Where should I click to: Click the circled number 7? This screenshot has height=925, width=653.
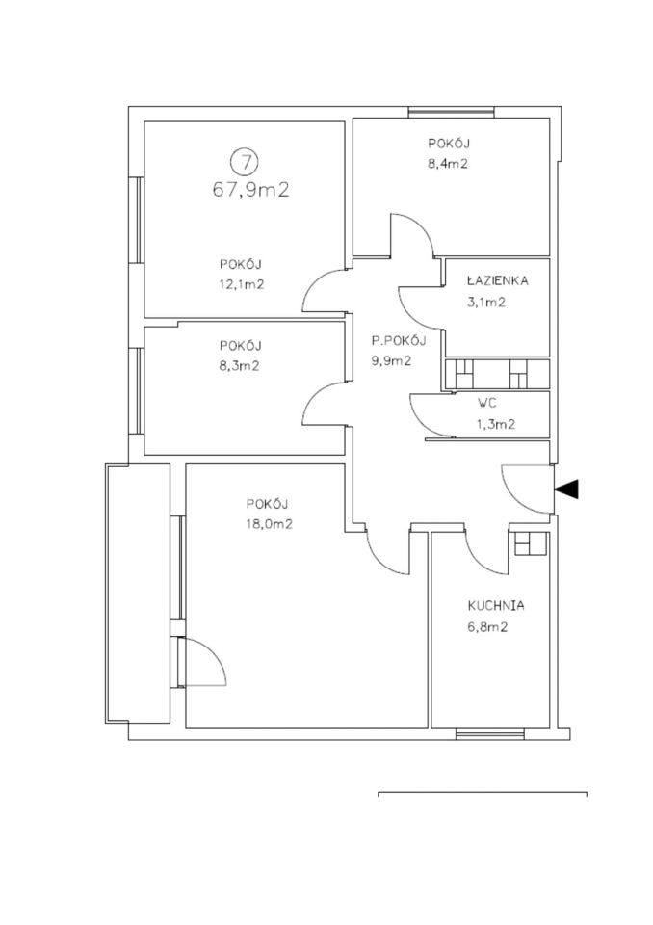point(245,161)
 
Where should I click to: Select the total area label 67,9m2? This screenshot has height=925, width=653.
point(250,190)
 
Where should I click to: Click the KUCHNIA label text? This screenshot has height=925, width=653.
point(496,606)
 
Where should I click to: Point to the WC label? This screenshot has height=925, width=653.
point(486,403)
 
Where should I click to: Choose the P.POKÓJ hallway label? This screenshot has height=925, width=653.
point(398,340)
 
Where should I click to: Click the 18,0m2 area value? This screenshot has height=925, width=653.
point(271,524)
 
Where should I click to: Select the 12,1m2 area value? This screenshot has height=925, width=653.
point(241,284)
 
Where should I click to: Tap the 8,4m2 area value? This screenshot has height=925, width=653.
point(448,164)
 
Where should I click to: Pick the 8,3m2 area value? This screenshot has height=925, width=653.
point(239,366)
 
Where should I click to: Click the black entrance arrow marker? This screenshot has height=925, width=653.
point(566,489)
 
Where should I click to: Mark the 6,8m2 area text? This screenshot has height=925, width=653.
point(487,627)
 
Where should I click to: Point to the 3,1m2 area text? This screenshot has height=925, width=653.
point(486,303)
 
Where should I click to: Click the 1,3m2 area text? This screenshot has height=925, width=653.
point(495,424)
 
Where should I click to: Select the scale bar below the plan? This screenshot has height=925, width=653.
point(483,793)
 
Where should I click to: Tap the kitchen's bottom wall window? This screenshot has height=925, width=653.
point(490,734)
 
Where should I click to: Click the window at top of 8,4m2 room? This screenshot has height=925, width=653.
point(452,112)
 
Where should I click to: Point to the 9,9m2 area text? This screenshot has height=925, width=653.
point(391,361)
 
